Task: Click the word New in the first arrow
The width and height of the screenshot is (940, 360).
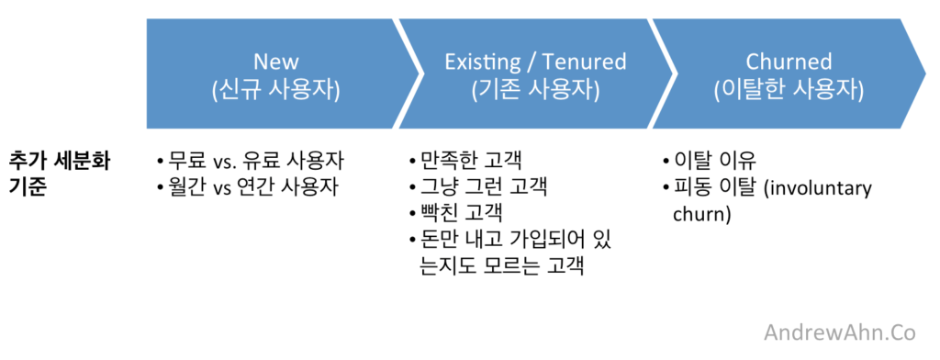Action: tap(276, 62)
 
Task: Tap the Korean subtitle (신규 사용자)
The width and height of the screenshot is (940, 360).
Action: tap(276, 90)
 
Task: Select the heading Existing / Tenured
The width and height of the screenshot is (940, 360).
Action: tap(535, 62)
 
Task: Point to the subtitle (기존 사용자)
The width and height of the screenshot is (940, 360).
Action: tap(535, 90)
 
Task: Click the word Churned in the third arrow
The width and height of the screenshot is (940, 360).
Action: tap(789, 62)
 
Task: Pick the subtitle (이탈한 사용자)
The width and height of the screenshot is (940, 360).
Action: tap(789, 90)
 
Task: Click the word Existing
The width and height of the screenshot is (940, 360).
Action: tap(481, 62)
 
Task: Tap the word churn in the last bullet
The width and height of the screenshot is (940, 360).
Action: tap(686, 215)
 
